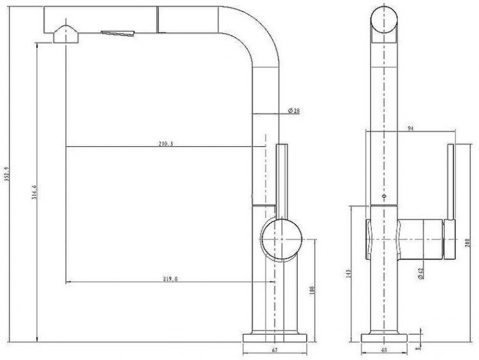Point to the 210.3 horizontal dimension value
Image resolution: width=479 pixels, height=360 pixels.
(165, 144)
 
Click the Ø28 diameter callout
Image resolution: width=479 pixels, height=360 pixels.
(294, 111)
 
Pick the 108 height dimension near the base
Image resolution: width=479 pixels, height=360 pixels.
(312, 290)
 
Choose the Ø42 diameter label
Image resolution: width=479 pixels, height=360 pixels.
(421, 273)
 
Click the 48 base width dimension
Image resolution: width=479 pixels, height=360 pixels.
(384, 350)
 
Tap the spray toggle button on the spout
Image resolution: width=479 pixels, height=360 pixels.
(119, 33)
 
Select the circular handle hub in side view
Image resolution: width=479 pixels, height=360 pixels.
(280, 239)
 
